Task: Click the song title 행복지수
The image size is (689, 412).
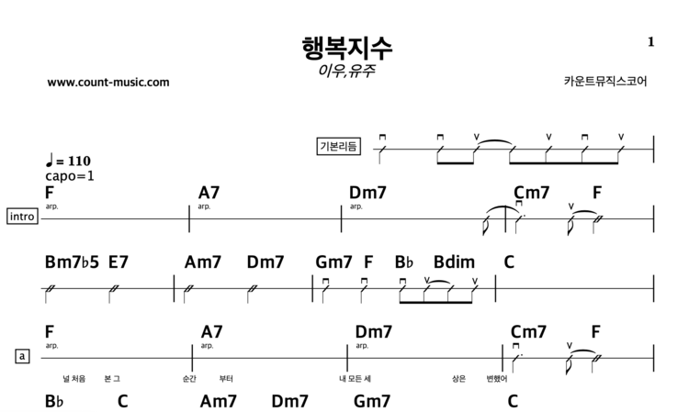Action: [x=346, y=47]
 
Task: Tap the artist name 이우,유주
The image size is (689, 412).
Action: [x=346, y=70]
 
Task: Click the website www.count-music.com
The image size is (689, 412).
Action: [x=107, y=82]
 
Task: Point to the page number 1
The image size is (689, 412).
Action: [x=650, y=41]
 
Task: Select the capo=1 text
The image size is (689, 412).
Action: [x=70, y=175]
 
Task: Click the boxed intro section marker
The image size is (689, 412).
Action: [x=22, y=217]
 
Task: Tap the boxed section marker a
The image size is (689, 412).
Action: [x=22, y=355]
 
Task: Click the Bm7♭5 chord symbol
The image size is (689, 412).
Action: [x=70, y=262]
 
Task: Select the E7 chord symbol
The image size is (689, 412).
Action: [x=119, y=262]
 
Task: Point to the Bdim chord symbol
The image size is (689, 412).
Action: [x=453, y=262]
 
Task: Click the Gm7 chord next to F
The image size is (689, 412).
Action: [x=333, y=262]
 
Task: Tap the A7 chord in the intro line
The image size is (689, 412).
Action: [x=209, y=193]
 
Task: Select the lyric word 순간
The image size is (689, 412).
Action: [x=190, y=378]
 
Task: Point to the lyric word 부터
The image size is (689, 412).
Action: [x=226, y=378]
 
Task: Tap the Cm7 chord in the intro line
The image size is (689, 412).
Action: [x=531, y=193]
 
